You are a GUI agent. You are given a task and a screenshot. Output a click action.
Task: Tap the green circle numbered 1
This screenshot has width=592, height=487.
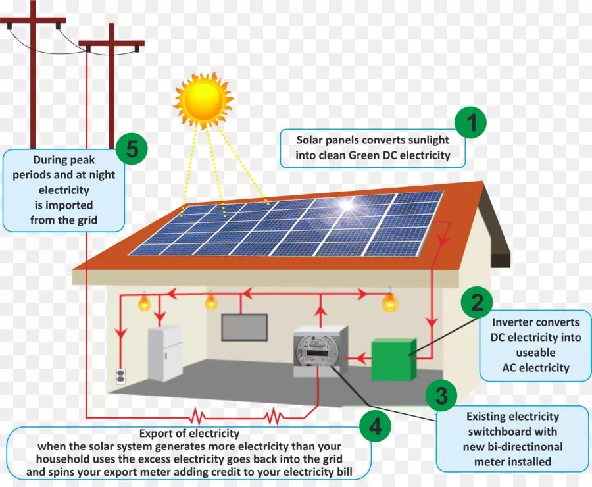click(472, 123)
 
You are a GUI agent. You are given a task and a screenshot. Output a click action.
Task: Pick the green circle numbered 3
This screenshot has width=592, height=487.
click(441, 396)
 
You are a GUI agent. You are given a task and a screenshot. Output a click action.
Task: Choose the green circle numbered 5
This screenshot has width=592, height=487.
click(132, 149)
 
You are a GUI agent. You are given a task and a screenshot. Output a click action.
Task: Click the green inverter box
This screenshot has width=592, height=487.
click(393, 359)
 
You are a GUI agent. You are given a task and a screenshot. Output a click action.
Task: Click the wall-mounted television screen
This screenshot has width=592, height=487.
click(244, 327)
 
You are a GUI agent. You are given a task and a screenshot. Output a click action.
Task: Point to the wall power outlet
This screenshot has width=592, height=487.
click(120, 376)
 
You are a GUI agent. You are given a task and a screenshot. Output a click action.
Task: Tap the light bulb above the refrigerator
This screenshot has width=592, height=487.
click(144, 303)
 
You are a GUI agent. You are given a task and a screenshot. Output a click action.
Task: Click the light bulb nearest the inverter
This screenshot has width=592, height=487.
click(390, 302)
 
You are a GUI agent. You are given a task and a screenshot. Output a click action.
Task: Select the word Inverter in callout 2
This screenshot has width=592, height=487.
click(512, 322)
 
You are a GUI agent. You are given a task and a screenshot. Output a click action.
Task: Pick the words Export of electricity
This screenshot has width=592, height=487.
click(189, 434)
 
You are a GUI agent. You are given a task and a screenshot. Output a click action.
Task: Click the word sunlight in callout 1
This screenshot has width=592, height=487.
click(428, 140)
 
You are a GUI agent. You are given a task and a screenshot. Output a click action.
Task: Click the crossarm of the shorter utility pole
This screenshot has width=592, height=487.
click(111, 45)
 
